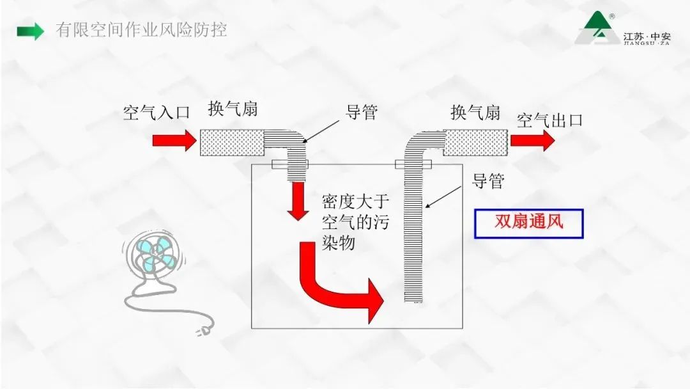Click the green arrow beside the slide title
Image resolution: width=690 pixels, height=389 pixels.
coord(31,31)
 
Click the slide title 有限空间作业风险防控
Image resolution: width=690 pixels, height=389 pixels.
coord(141,30)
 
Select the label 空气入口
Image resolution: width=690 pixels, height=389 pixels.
coord(157,113)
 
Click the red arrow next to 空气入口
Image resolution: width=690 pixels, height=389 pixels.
coord(174,141)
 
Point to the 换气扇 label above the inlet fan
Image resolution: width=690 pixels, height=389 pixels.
coord(233,108)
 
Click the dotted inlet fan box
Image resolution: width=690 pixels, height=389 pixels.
coord(232,143)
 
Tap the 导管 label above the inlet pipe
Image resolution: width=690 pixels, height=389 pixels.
coord(362,112)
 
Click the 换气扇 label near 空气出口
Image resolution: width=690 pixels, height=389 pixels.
coord(475,113)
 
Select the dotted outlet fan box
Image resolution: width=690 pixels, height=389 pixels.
coord(476,143)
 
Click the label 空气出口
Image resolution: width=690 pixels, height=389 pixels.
coord(550,120)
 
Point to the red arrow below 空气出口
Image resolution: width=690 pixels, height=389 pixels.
coord(533,141)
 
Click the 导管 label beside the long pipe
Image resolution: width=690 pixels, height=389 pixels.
coord(488,181)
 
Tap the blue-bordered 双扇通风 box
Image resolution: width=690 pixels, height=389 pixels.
coord(529,224)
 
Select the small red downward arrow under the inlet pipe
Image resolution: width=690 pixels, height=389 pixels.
coord(298,201)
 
